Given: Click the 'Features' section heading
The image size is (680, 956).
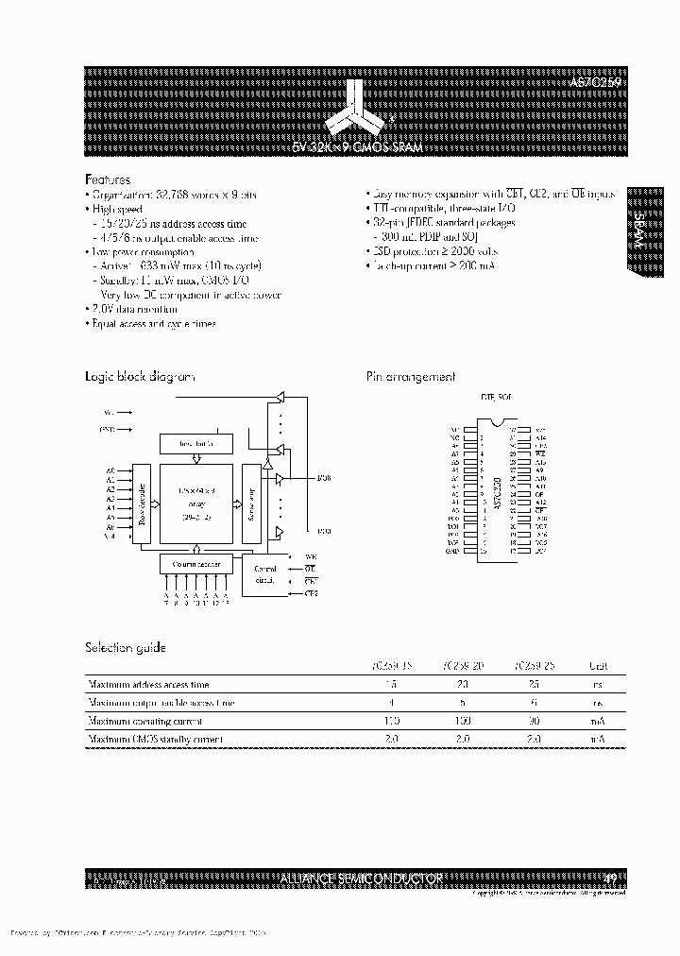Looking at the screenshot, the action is tap(108, 179).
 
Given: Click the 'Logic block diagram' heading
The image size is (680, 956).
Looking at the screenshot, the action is tap(140, 377).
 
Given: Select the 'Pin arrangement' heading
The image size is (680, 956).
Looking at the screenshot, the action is tap(411, 377).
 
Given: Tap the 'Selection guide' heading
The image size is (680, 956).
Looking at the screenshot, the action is tap(126, 648).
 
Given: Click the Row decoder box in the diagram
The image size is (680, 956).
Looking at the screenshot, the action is tap(142, 504).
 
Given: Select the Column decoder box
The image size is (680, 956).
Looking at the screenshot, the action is tap(196, 564).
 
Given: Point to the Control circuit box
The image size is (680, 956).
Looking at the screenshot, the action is tap(267, 572).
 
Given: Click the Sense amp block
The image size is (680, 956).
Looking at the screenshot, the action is tap(251, 504).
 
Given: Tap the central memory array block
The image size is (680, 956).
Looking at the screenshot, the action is tap(196, 504).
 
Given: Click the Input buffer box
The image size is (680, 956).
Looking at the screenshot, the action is tap(196, 443).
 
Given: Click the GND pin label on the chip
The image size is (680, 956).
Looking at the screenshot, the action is tap(453, 551).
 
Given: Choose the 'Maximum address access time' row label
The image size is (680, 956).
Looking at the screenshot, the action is tap(148, 684).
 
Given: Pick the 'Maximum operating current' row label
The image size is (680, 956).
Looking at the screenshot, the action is tap(142, 721).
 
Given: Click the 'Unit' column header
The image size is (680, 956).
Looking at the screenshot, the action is tap(598, 666).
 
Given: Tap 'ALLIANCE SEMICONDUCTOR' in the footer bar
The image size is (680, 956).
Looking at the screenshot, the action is tap(362, 879).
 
